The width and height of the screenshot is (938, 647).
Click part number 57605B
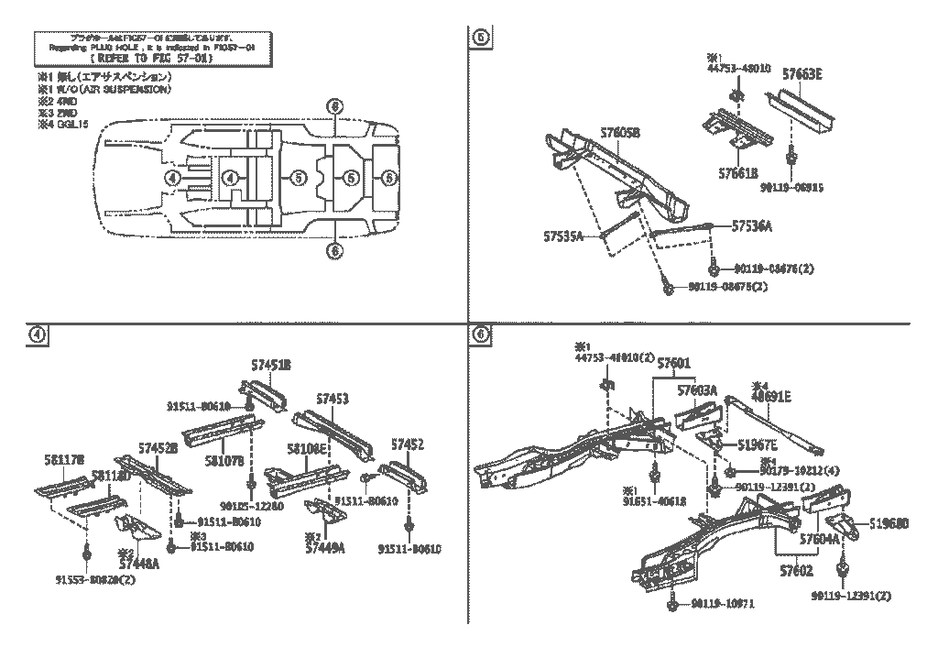(620, 133)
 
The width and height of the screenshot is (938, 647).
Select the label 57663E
(802, 75)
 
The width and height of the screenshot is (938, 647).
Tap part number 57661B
(738, 170)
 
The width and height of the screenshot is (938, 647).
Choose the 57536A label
(752, 225)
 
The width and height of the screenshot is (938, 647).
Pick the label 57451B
(271, 365)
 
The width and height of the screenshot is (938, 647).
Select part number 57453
(333, 399)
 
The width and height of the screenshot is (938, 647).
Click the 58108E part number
(306, 449)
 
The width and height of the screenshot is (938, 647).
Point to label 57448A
(140, 565)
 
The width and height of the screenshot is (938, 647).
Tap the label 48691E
(771, 397)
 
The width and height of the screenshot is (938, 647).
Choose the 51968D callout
(889, 524)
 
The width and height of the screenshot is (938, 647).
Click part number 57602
(796, 570)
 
